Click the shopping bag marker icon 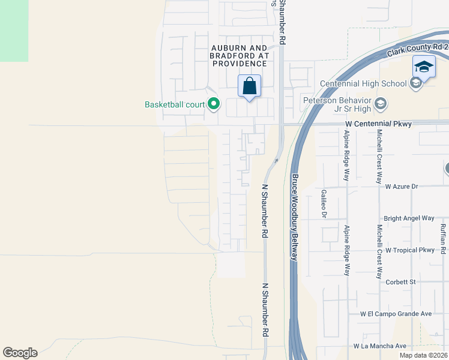pos(250,86)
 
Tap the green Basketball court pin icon pos(213,104)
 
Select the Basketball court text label pos(175,104)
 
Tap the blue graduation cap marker pos(424,67)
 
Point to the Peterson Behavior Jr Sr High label pos(334,104)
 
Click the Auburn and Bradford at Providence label pos(238,55)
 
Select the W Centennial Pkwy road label pos(379,124)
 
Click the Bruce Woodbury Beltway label pos(295,217)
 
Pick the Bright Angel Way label pos(409,218)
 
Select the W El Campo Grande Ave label pos(396,314)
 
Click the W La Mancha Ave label pos(380,346)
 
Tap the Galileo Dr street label pos(323,203)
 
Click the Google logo pos(20,353)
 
